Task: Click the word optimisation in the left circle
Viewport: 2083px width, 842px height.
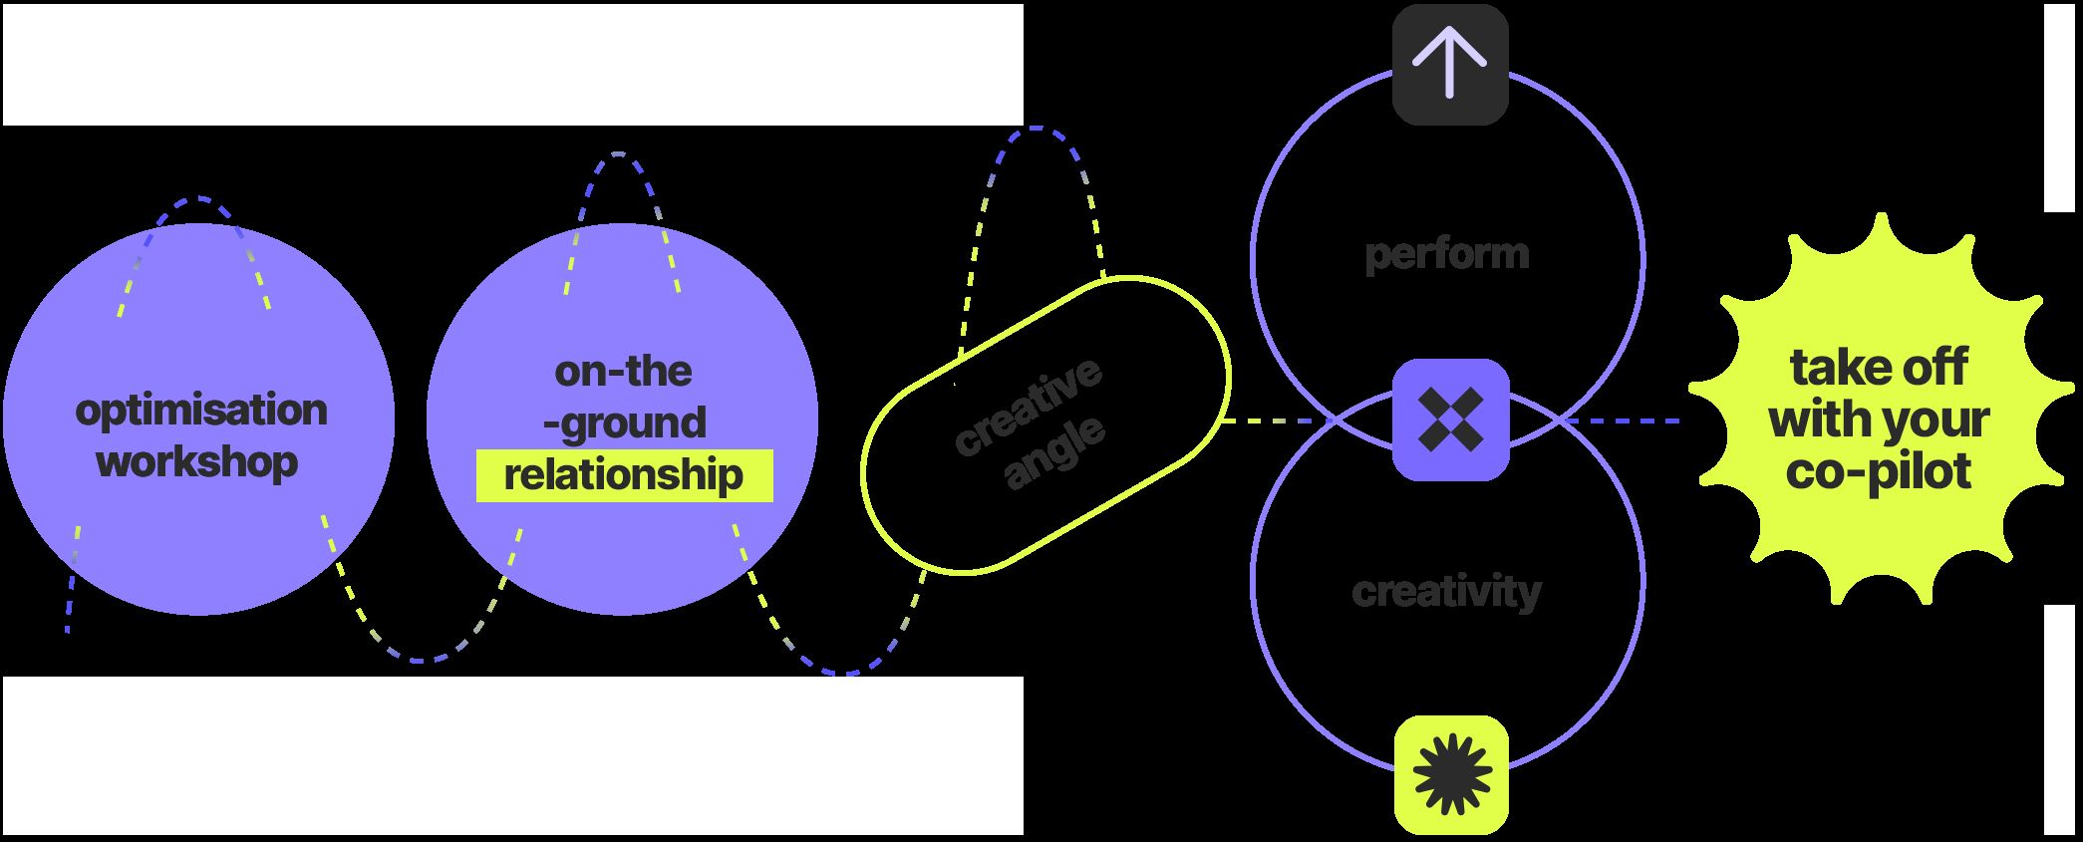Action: (x=200, y=411)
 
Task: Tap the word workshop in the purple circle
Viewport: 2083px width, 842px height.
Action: (x=197, y=462)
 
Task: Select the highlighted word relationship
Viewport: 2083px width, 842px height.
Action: (x=624, y=475)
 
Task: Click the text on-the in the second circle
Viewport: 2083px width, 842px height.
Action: (x=623, y=372)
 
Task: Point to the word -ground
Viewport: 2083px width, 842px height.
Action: (x=624, y=422)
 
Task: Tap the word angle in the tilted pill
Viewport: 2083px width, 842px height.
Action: (x=1054, y=452)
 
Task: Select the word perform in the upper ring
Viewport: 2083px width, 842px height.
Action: (x=1446, y=253)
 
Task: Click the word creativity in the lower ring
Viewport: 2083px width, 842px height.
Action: (x=1446, y=592)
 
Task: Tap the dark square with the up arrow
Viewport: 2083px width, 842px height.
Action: (x=1450, y=65)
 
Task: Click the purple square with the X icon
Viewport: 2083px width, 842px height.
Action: (x=1450, y=420)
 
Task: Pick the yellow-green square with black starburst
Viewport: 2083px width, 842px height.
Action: (x=1451, y=774)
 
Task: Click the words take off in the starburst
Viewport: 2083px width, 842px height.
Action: (x=1878, y=367)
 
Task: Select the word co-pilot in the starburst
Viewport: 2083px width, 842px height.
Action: (x=1878, y=470)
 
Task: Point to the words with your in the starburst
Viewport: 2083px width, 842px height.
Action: (x=1879, y=419)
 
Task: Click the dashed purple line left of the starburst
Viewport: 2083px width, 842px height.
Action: (x=1625, y=421)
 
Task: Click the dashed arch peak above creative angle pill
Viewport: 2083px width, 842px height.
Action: (x=1037, y=129)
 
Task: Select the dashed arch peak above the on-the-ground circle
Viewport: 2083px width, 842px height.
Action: (x=619, y=154)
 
